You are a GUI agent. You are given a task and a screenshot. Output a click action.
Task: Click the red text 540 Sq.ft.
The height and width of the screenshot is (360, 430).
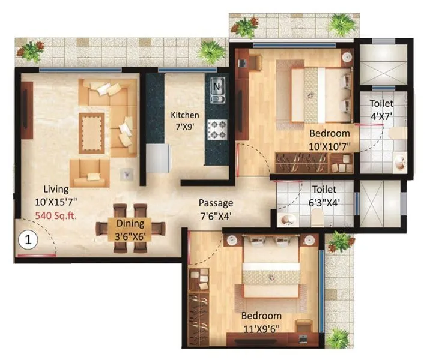[53, 214]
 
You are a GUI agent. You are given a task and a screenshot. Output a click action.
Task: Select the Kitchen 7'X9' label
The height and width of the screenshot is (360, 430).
[184, 121]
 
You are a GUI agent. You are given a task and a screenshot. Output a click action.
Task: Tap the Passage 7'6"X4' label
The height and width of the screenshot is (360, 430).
[216, 209]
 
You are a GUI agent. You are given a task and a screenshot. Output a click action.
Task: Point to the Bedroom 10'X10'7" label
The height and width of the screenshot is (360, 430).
[329, 139]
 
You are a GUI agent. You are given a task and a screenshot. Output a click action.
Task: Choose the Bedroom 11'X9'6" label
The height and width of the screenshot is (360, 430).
[261, 322]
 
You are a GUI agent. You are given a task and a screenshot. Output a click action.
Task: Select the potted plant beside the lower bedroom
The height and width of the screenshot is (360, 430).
[339, 242]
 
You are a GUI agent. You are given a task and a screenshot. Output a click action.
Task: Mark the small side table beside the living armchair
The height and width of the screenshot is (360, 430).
[127, 173]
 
